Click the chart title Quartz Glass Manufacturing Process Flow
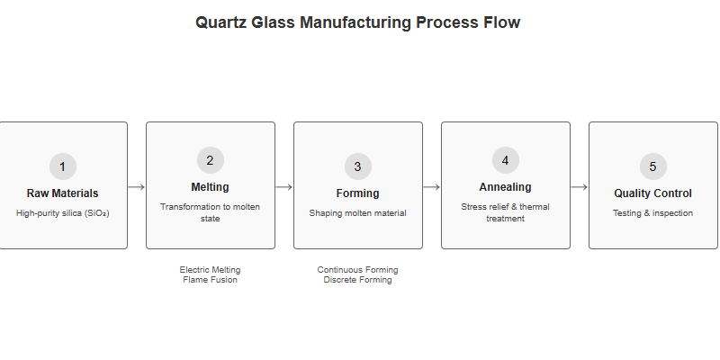pyautogui.click(x=358, y=22)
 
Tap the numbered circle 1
pyautogui.click(x=63, y=166)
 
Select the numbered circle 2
pyautogui.click(x=211, y=160)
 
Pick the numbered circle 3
pyautogui.click(x=358, y=166)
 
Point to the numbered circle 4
pyautogui.click(x=506, y=160)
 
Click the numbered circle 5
pyautogui.click(x=653, y=166)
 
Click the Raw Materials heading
pyautogui.click(x=63, y=193)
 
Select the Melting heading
pyautogui.click(x=211, y=187)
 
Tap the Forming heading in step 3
pyautogui.click(x=358, y=193)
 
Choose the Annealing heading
pyautogui.click(x=506, y=187)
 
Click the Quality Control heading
pyautogui.click(x=653, y=193)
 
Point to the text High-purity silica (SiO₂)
pyautogui.click(x=63, y=213)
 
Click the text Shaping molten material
pyautogui.click(x=358, y=213)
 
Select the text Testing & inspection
pyautogui.click(x=653, y=213)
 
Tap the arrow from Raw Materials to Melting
pyautogui.click(x=137, y=187)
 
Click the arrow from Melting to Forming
pyautogui.click(x=284, y=187)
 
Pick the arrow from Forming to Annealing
pyautogui.click(x=432, y=187)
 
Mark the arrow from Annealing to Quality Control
pyautogui.click(x=580, y=187)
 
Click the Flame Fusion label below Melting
pyautogui.click(x=211, y=280)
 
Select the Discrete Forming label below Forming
pyautogui.click(x=358, y=280)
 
